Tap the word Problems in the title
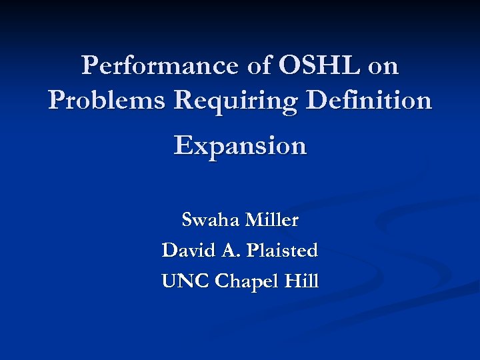(x=107, y=101)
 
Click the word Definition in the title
(x=379, y=101)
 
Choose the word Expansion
(x=240, y=146)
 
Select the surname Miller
(x=272, y=219)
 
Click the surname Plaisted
(x=282, y=251)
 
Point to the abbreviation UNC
(x=185, y=281)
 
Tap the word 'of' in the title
(x=257, y=66)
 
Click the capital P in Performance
(x=89, y=66)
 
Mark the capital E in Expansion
(x=183, y=145)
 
